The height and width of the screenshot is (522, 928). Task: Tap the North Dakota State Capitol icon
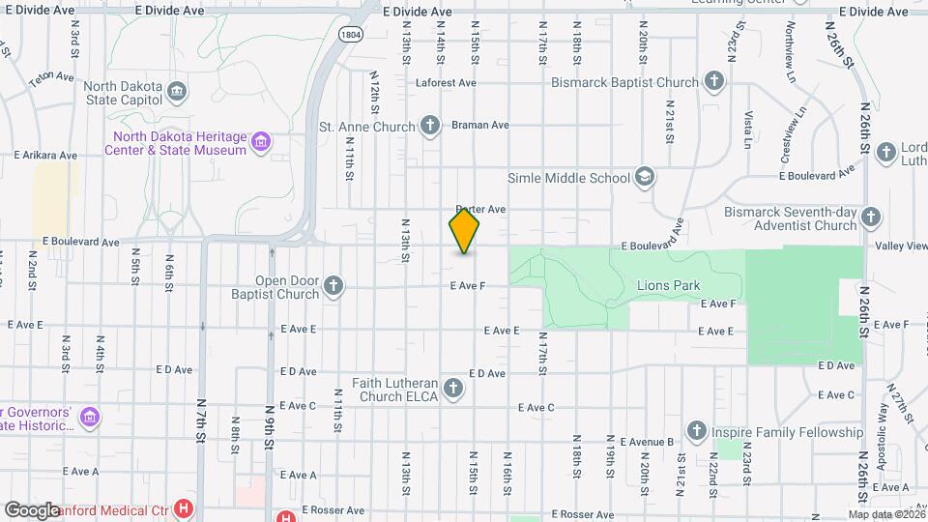(177, 93)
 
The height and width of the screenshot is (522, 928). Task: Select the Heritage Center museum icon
(259, 143)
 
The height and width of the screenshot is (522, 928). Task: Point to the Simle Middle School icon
(645, 177)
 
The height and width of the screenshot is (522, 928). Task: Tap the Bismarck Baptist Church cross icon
(714, 81)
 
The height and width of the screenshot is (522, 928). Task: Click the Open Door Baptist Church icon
(333, 286)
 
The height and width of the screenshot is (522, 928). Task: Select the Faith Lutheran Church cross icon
(453, 389)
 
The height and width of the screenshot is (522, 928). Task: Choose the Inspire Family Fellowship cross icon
(696, 431)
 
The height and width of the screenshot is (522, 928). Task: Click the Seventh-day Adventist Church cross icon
(870, 217)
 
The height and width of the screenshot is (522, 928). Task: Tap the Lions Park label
(668, 286)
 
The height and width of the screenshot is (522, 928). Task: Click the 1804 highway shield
(351, 34)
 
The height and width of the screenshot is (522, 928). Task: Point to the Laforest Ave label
(446, 83)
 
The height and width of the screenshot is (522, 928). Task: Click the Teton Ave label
(51, 76)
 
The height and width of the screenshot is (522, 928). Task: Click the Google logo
(32, 509)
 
